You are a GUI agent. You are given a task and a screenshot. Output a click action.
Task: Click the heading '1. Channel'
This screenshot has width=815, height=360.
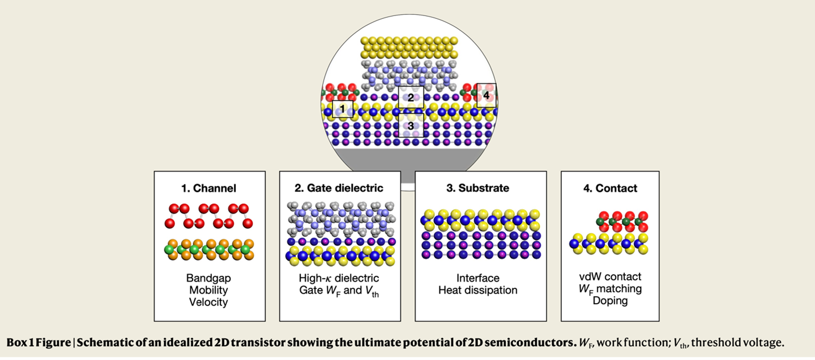tap(209, 188)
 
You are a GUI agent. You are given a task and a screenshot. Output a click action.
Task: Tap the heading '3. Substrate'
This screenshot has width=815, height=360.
tap(480, 188)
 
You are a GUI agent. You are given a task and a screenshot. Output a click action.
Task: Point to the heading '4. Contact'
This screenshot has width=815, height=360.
tap(610, 188)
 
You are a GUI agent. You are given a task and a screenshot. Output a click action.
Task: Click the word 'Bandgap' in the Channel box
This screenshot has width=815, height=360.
tap(209, 279)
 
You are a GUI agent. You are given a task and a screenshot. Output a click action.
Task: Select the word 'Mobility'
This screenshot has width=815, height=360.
tap(209, 290)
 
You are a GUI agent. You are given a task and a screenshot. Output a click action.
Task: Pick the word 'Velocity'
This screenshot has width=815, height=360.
tap(209, 302)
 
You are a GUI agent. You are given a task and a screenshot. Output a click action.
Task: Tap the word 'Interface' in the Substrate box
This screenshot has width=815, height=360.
tap(478, 279)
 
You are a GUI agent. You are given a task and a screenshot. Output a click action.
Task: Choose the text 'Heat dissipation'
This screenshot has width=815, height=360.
tap(478, 291)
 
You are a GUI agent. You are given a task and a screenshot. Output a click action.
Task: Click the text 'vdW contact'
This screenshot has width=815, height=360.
tap(610, 277)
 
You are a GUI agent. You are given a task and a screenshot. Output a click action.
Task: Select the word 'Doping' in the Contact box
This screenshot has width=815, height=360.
tap(610, 301)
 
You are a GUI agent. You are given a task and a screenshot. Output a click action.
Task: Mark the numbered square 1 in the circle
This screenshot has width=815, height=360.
tap(343, 108)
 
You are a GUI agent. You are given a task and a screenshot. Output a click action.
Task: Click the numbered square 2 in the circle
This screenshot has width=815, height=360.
tap(410, 97)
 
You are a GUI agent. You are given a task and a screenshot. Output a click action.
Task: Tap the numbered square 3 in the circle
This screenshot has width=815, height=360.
tap(410, 125)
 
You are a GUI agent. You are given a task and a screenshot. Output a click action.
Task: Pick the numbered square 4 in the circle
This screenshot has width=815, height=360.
tap(486, 96)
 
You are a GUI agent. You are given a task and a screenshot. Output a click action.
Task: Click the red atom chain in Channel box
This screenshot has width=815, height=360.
tap(209, 215)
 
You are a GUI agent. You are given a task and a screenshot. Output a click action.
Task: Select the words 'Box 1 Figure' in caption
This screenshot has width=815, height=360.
tap(40, 343)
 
